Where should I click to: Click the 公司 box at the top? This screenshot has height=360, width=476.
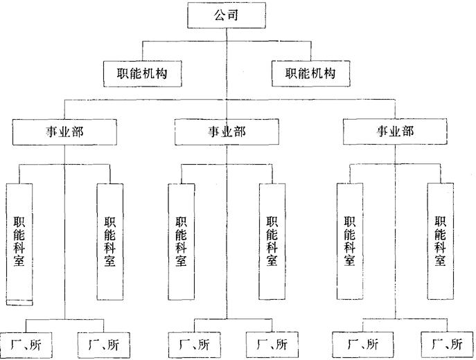tap(227, 15)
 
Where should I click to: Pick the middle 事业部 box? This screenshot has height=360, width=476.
tap(227, 131)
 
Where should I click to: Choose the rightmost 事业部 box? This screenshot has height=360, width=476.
tap(394, 131)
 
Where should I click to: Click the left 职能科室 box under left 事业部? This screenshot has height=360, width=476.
tap(19, 242)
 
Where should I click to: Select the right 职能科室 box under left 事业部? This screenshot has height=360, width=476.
tap(109, 242)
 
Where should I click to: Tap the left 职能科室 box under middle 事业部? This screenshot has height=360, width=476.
tap(181, 242)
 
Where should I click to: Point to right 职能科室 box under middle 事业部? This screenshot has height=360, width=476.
tap(272, 242)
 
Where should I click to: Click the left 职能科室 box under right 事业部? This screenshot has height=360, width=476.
tap(349, 242)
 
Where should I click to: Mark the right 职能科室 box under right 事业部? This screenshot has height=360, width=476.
tap(440, 242)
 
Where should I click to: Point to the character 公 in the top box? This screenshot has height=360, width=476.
tap(220, 15)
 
